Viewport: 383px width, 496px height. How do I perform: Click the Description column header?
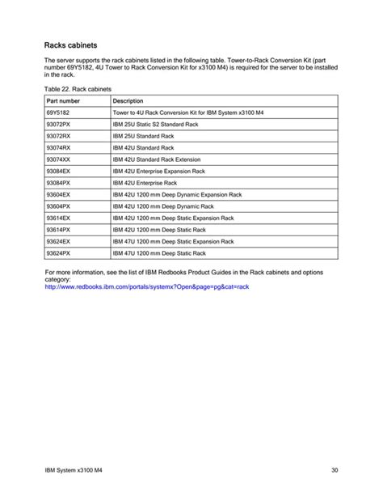pos(128,100)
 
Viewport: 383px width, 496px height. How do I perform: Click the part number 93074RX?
pos(60,148)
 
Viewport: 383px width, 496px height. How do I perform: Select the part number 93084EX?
pos(60,172)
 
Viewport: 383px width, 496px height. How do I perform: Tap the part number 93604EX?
pos(60,195)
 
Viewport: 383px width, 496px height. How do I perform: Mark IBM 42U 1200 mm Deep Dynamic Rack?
pos(166,206)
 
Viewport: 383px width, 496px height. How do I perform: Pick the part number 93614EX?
pos(60,218)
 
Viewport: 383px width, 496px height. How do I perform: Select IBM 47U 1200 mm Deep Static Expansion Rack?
pos(173,241)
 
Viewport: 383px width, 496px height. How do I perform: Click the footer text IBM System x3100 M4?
pos(73,470)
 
